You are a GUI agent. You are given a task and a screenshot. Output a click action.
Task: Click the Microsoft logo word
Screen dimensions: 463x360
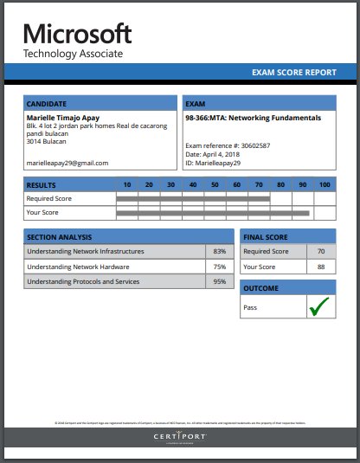coord(78,34)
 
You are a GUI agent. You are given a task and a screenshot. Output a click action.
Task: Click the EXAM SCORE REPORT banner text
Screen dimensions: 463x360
coord(293,73)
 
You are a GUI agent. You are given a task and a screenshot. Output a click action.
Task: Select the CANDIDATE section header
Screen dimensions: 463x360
coord(47,103)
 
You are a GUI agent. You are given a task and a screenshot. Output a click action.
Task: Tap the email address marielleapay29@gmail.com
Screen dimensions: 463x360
coord(67,163)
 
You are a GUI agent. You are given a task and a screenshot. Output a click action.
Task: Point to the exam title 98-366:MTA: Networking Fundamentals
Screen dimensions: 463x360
coord(253,117)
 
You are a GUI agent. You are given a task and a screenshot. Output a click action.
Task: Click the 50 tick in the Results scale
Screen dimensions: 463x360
coord(214,184)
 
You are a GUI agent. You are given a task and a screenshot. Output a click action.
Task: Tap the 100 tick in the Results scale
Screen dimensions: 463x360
coord(325,184)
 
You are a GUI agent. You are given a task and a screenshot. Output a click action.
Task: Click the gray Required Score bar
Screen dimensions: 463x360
coord(192,198)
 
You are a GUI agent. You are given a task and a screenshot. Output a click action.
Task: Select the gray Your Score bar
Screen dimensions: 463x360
coord(212,212)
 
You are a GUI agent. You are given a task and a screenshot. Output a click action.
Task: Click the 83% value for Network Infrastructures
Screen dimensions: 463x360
coord(220,252)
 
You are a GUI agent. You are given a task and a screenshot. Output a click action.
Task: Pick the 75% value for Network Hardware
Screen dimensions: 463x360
coord(220,267)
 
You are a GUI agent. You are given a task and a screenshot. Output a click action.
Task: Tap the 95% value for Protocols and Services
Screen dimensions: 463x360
coord(220,281)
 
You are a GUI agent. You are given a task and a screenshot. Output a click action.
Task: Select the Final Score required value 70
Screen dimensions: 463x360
coord(321,252)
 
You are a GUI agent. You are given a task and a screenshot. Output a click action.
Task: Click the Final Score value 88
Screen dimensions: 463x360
coord(321,267)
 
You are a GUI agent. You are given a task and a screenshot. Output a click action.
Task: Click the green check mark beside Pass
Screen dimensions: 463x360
coord(320,306)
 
